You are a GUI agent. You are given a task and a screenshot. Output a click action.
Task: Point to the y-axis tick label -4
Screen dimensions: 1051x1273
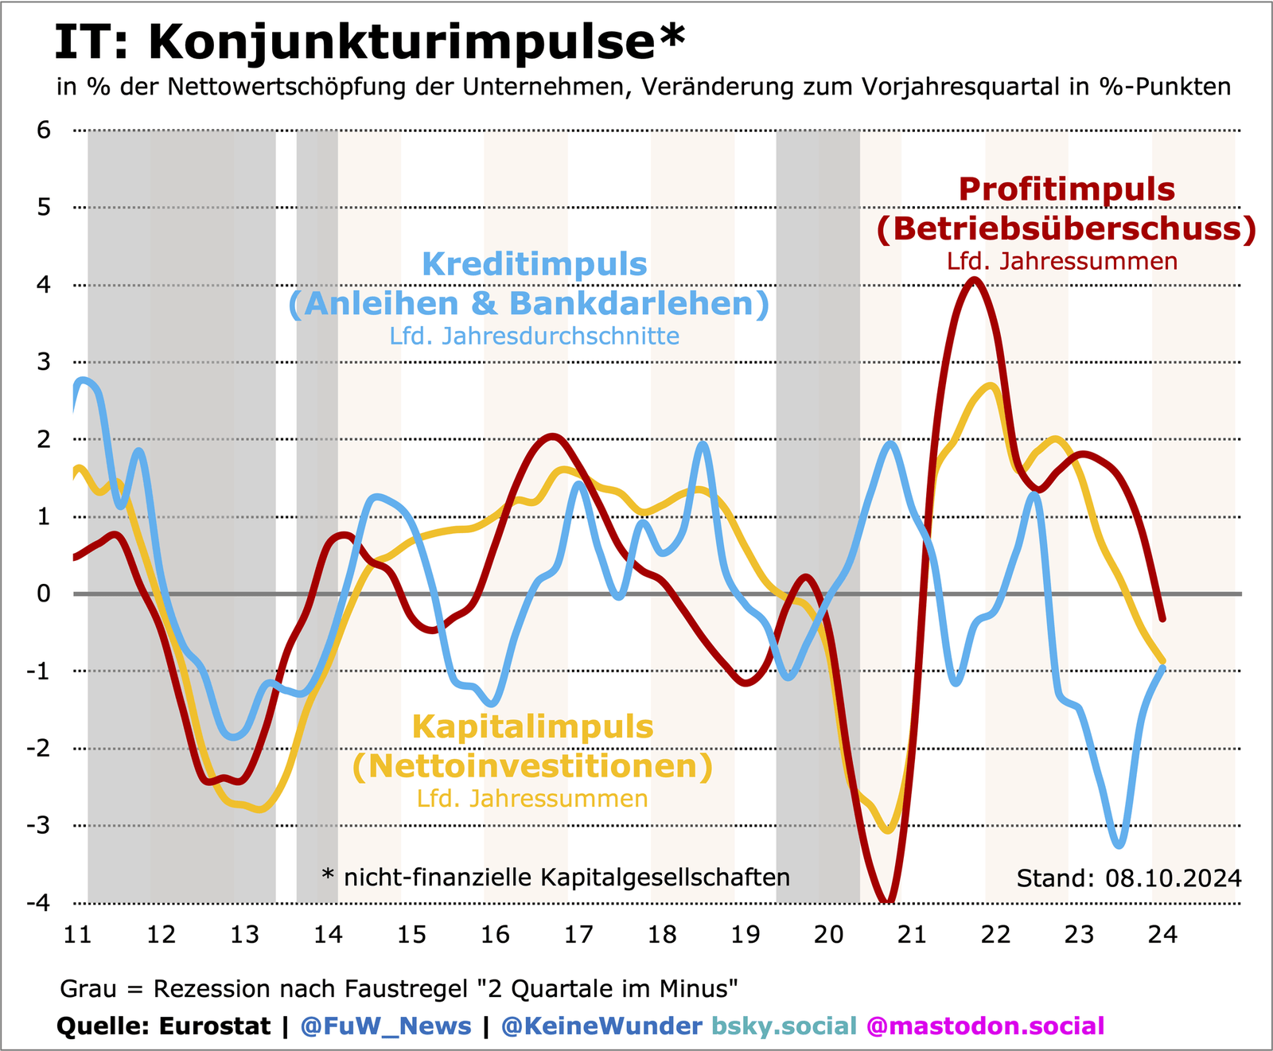point(38,903)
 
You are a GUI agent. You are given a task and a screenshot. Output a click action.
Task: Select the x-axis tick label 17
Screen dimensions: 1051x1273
point(578,934)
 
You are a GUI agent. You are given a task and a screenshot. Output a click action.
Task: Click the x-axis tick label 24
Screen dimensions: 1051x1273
point(1163,934)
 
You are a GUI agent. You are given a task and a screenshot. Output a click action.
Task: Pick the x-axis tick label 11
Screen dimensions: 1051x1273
point(77,934)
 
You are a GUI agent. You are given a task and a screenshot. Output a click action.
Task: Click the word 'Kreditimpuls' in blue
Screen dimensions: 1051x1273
point(534,264)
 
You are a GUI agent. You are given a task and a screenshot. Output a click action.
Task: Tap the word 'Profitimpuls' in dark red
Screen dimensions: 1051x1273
point(1066,189)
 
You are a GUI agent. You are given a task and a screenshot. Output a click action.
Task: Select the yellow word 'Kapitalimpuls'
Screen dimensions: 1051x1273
point(532,727)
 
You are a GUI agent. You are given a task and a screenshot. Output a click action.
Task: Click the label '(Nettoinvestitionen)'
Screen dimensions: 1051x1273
point(532,766)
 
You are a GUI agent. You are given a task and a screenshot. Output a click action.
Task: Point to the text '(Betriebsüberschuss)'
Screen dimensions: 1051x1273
point(1066,228)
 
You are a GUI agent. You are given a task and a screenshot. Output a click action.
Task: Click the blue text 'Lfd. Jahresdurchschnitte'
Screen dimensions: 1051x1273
point(534,336)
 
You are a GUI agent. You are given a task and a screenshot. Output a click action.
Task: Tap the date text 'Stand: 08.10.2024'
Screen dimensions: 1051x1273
point(1128,878)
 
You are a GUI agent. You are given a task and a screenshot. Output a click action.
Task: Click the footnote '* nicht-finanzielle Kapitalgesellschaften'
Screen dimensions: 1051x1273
point(555,878)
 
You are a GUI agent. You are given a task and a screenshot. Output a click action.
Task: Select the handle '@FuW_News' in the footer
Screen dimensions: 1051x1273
point(386,1026)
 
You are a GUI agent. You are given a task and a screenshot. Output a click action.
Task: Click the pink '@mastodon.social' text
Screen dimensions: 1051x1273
point(985,1026)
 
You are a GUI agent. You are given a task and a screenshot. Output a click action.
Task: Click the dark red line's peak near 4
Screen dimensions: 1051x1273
point(975,280)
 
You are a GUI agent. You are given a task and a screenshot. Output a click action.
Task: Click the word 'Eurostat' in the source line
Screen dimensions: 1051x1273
point(215,1026)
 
